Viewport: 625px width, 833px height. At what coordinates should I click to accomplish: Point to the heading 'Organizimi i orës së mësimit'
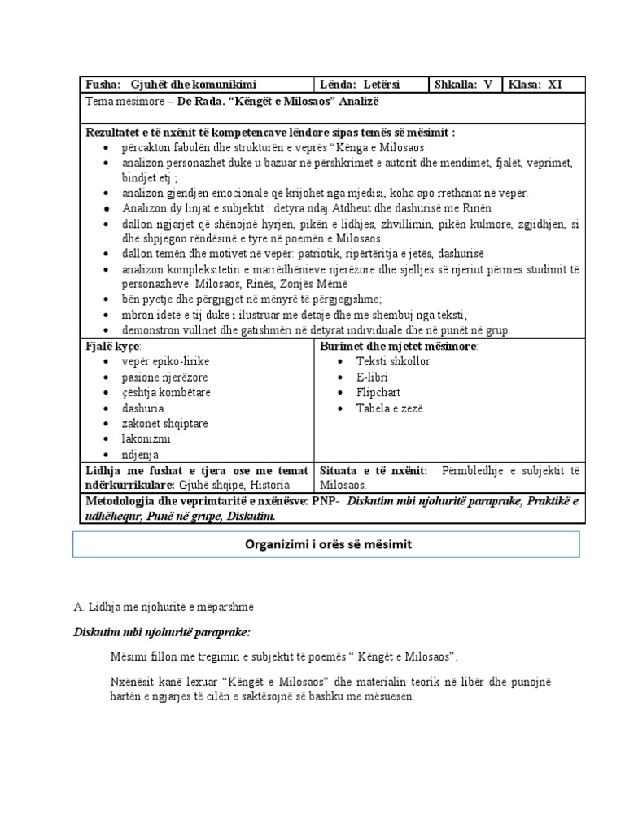[x=326, y=545]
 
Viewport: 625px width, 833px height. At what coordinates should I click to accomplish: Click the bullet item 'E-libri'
[x=372, y=377]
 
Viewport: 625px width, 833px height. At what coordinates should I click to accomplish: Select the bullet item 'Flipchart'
[x=378, y=392]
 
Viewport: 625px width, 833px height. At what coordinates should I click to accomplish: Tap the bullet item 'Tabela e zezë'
[x=390, y=408]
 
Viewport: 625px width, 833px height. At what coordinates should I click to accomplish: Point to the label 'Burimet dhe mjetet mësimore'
[x=386, y=346]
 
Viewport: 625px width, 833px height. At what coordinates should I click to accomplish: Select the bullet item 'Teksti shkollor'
[x=393, y=361]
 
